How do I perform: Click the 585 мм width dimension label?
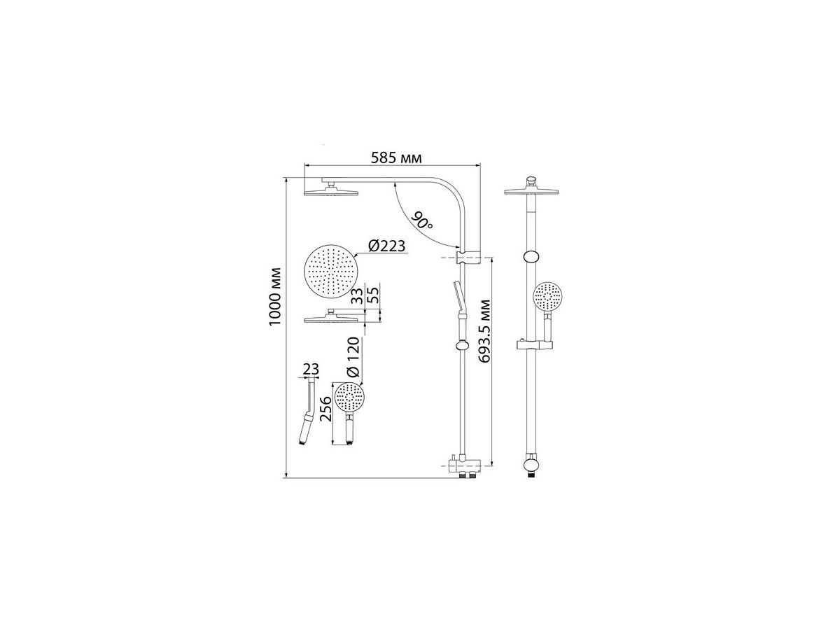396,157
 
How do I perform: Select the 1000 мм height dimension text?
275,297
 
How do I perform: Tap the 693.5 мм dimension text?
486,331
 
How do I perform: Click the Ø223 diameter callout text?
386,246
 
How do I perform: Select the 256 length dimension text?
326,409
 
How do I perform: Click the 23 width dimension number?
311,369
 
